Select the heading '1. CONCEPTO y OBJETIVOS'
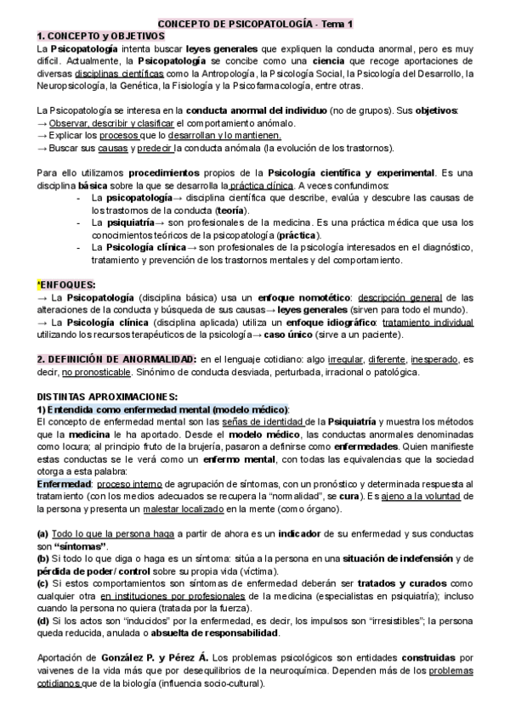pyautogui.click(x=94, y=37)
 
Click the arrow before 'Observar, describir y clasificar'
pyautogui.click(x=42, y=123)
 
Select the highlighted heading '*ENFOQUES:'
pyautogui.click(x=65, y=284)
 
